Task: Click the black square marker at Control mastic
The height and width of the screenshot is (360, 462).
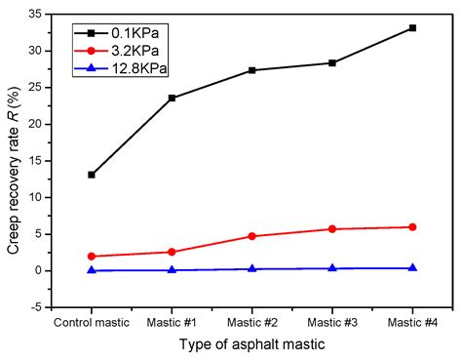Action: click(92, 175)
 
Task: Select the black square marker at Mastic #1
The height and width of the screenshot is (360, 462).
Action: click(172, 98)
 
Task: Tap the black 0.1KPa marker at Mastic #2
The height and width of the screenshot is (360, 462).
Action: click(251, 70)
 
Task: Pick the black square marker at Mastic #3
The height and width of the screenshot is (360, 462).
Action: click(332, 62)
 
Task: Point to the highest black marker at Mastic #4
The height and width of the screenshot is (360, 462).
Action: click(412, 28)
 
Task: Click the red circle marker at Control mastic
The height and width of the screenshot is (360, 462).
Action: click(92, 257)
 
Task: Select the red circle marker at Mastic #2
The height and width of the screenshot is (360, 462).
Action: click(251, 236)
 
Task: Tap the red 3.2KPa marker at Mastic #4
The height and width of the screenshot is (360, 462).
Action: click(412, 227)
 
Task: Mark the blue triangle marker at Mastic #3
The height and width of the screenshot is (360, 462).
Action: click(332, 268)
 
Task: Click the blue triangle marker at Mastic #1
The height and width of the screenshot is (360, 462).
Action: click(172, 269)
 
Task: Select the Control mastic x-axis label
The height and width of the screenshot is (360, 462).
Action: click(92, 321)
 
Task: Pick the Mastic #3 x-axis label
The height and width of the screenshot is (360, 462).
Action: click(332, 321)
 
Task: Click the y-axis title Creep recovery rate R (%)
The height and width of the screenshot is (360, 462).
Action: click(13, 161)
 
